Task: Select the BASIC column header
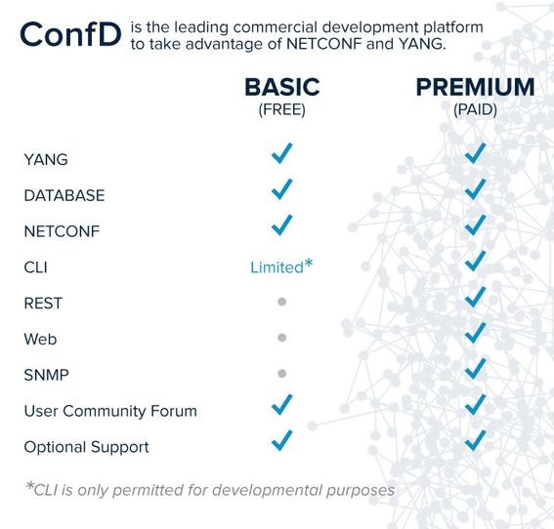point(281,88)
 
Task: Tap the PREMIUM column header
point(475,88)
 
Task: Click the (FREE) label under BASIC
point(281,110)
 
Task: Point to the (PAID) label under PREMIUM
point(475,110)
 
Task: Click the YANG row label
point(46,159)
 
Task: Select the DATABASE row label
point(64,195)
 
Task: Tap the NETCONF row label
point(62,231)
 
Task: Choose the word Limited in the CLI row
point(276,266)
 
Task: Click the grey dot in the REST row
point(281,303)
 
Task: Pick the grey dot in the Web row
point(281,338)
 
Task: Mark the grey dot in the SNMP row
point(281,373)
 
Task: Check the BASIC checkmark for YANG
point(281,153)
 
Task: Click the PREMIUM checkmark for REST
point(476,297)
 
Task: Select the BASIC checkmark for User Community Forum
point(281,404)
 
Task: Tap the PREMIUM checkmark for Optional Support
point(476,440)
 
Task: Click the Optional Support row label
point(86,447)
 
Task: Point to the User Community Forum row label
point(109,411)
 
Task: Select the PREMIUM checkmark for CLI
point(476,261)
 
